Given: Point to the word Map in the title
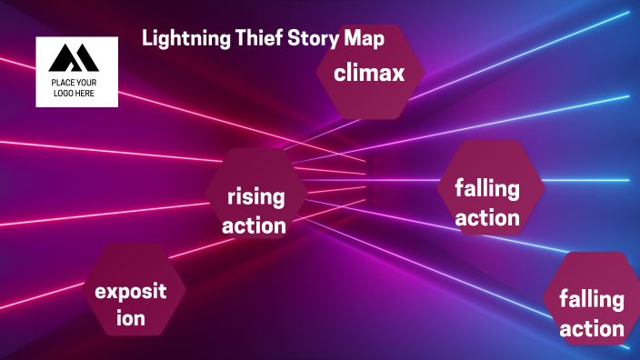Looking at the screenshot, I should (364, 40).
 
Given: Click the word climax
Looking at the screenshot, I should (369, 74).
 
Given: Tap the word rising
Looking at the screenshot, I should (255, 195).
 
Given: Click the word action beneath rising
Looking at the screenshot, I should (255, 225).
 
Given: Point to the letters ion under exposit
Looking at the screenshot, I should (131, 319).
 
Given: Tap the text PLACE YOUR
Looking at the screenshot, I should (75, 83).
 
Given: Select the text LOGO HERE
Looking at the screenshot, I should (75, 93).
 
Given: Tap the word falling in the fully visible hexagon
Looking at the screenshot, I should (487, 189).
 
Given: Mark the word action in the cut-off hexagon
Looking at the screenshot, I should (592, 328).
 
